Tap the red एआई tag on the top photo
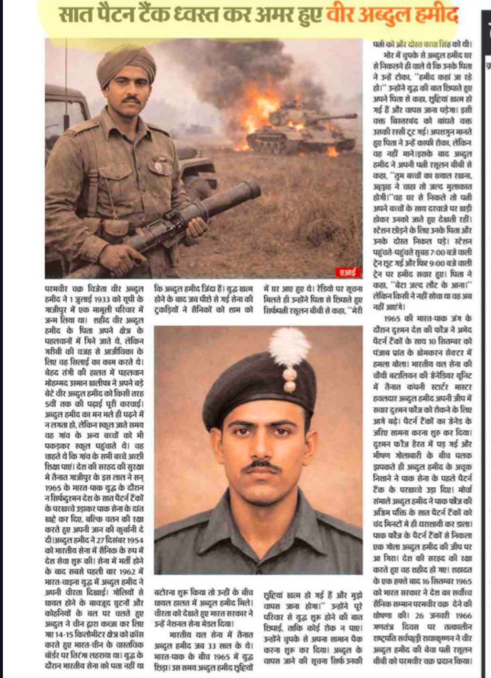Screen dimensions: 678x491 click(348, 272)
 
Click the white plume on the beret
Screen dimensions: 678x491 click(289, 347)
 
